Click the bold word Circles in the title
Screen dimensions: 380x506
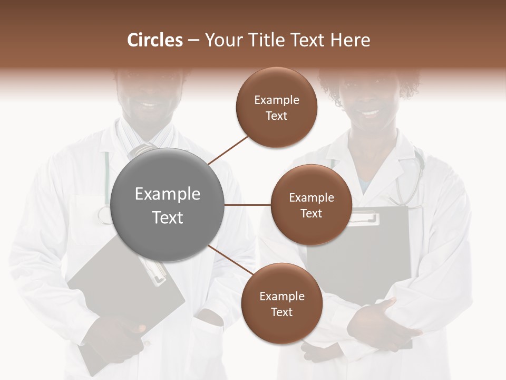[154, 40]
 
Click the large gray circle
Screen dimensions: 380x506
[168, 205]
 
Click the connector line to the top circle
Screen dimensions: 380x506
[228, 150]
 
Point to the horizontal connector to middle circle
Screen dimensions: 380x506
[248, 205]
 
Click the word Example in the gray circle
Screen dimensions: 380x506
[168, 194]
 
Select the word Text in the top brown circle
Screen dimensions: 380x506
[277, 116]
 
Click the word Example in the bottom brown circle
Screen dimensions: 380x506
[281, 297]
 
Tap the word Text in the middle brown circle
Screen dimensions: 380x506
[312, 214]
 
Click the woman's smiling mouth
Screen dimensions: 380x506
[371, 113]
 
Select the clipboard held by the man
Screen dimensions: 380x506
[126, 296]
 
